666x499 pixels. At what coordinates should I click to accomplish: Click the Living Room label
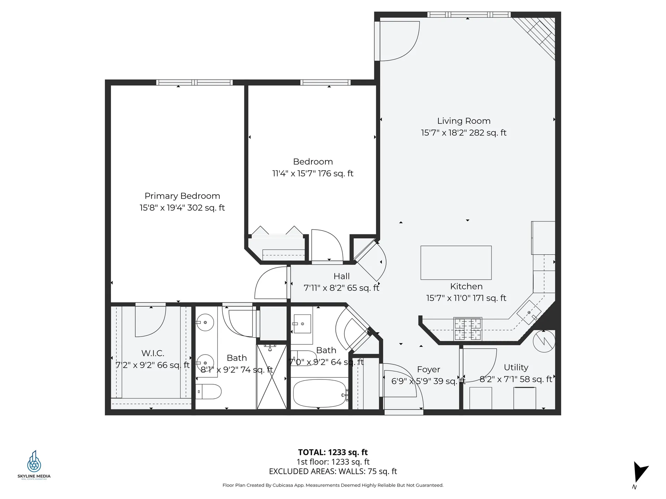(x=463, y=121)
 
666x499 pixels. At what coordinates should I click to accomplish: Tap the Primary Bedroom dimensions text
(x=182, y=208)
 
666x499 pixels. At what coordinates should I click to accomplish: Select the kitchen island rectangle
(x=456, y=263)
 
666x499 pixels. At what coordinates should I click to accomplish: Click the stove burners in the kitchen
(x=468, y=329)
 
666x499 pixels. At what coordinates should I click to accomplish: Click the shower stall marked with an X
(x=272, y=377)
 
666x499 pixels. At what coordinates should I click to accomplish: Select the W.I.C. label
(x=153, y=353)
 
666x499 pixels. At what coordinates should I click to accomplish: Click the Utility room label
(x=516, y=367)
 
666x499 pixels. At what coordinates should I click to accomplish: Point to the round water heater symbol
(x=544, y=341)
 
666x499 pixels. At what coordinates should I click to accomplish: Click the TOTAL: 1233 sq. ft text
(x=333, y=452)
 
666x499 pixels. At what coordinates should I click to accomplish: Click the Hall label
(x=341, y=276)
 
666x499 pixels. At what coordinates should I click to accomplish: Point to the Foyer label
(x=428, y=369)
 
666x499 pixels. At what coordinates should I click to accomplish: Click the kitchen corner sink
(x=529, y=313)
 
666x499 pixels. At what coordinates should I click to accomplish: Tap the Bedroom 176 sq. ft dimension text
(x=313, y=173)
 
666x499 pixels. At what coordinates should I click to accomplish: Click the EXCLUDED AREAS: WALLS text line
(x=333, y=471)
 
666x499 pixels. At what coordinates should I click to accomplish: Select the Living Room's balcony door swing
(x=399, y=41)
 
